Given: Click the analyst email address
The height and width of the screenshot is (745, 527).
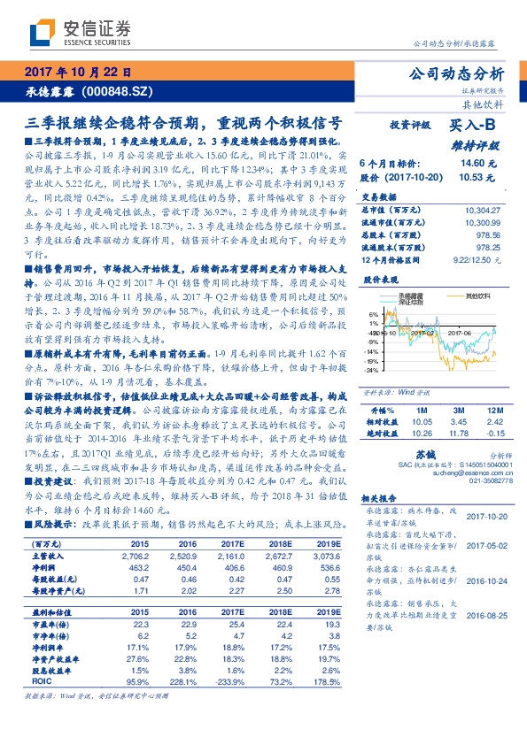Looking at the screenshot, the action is (x=478, y=473).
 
